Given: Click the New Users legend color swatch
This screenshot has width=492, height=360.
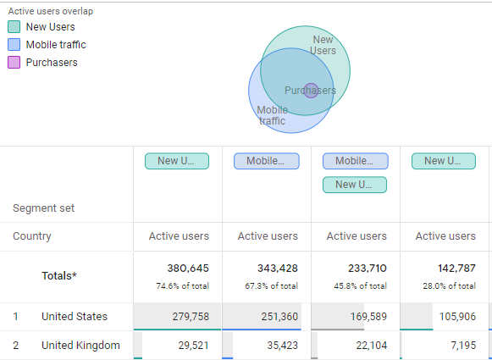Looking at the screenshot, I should [15, 27].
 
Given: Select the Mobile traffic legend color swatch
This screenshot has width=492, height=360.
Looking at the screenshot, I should [15, 45].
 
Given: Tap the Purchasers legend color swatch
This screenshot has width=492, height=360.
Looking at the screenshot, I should [15, 63].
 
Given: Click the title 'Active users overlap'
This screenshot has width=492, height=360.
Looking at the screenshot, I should [50, 11].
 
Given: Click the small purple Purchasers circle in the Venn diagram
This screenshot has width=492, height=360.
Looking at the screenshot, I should [311, 90].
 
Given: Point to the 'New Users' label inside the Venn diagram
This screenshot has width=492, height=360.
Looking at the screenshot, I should [323, 45].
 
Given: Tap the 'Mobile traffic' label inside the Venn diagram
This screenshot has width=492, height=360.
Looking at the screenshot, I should [272, 115].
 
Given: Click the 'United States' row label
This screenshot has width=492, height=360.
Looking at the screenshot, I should [75, 317].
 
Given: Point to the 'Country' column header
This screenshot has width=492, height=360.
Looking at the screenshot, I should [32, 236].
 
